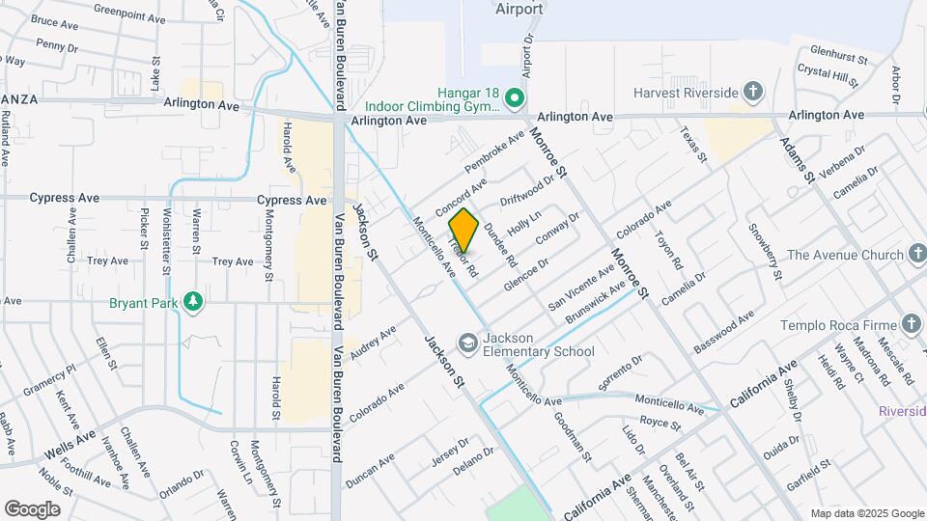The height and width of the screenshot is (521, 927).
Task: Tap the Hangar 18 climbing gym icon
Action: (x=516, y=96)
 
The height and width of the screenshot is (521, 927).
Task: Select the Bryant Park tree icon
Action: (x=194, y=301)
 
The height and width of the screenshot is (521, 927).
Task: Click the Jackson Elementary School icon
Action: (x=467, y=343)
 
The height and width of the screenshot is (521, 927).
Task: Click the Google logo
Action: (x=32, y=508)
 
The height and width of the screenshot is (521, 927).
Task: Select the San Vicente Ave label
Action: (x=580, y=288)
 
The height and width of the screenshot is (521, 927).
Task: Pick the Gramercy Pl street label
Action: (x=49, y=382)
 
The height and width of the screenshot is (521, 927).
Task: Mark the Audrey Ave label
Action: (x=373, y=343)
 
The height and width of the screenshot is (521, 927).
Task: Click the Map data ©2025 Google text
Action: (x=866, y=513)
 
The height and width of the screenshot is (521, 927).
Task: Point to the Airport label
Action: (x=519, y=10)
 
